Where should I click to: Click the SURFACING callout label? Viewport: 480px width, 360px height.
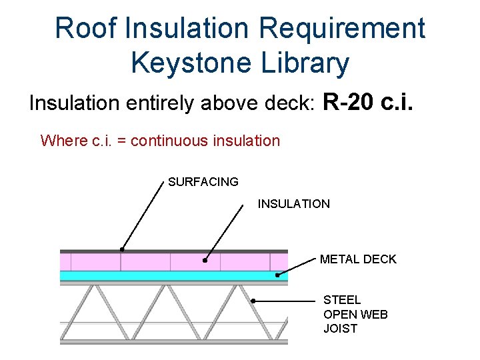[203, 182]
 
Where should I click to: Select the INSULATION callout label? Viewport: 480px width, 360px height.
[293, 204]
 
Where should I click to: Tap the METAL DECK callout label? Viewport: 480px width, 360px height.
[358, 259]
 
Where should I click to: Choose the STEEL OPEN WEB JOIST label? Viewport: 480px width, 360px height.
[355, 314]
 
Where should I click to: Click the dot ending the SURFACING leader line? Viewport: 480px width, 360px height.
[121, 249]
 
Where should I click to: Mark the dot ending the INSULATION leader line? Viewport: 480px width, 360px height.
[205, 261]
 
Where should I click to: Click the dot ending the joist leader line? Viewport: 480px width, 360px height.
[253, 301]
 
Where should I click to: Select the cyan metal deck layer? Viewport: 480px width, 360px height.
[167, 275]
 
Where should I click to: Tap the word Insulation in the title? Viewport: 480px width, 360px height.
[181, 28]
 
